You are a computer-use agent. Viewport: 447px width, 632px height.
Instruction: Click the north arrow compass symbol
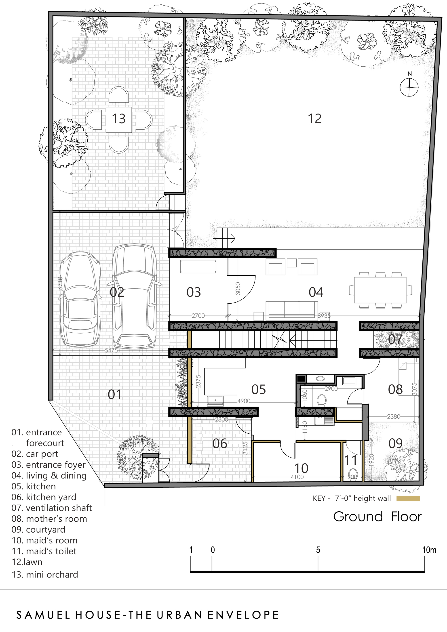[409, 87]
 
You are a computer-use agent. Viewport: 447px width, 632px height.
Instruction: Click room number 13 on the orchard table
[119, 119]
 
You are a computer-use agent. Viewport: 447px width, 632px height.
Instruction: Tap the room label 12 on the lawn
[314, 119]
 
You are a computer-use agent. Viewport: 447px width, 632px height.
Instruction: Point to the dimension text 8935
[324, 316]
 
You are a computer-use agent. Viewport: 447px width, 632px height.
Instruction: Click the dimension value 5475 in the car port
[111, 351]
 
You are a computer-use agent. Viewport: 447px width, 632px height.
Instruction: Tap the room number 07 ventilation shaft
[395, 339]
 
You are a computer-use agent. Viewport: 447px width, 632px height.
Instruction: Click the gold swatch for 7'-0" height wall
[408, 498]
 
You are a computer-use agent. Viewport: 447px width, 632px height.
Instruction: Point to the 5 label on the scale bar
[318, 550]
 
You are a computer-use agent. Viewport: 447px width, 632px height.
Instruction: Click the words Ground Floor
[377, 517]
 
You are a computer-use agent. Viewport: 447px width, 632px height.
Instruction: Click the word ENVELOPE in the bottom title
[243, 615]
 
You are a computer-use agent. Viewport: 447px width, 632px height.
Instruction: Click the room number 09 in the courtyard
[396, 443]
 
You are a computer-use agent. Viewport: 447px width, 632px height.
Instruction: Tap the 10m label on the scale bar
[429, 550]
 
